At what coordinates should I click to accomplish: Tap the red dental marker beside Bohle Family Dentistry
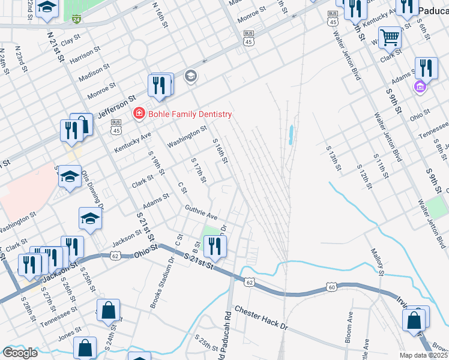pyautogui.click(x=139, y=113)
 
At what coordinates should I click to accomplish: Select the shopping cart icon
pyautogui.click(x=390, y=38)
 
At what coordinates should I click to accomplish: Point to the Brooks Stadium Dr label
pyautogui.click(x=161, y=292)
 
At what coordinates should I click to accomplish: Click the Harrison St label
pyautogui.click(x=83, y=58)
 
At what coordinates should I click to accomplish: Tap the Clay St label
pyautogui.click(x=71, y=40)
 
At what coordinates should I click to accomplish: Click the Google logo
pyautogui.click(x=20, y=352)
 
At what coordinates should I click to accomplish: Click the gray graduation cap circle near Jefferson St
pyautogui.click(x=190, y=76)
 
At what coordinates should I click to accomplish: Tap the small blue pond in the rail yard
pyautogui.click(x=291, y=134)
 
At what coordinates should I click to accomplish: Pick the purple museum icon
pyautogui.click(x=420, y=88)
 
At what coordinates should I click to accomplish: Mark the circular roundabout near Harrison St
pyautogui.click(x=137, y=49)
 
